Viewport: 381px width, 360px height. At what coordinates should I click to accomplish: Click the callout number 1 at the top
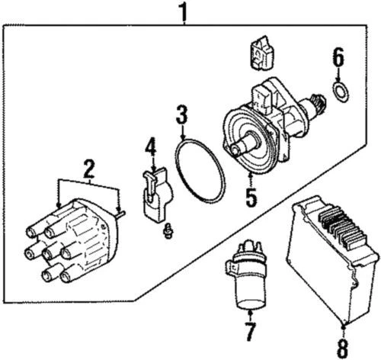182,11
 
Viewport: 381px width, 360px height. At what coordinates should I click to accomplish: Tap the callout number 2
89,169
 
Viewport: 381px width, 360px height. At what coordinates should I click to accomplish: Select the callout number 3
181,116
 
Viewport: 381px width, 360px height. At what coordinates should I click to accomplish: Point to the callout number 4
151,146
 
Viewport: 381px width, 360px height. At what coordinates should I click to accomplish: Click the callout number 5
251,197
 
